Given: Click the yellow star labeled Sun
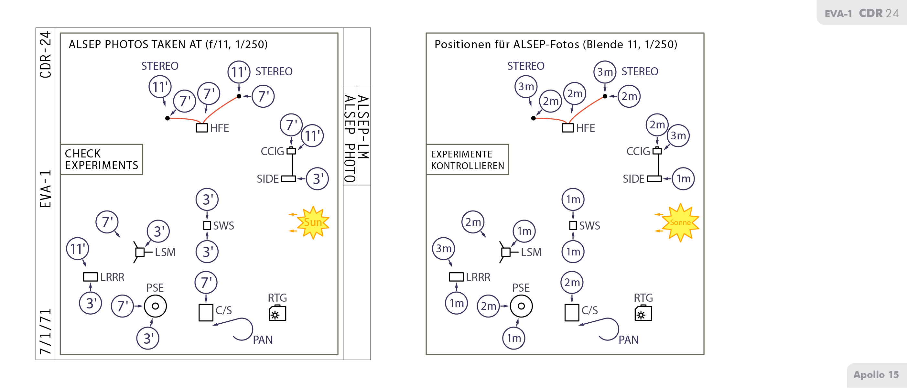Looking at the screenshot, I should (313, 222).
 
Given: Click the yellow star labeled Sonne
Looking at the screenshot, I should (680, 222).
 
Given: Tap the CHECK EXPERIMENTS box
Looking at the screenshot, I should (102, 159).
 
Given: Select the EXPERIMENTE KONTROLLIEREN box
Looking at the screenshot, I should (467, 159).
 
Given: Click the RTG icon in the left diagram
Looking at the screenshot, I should (277, 313).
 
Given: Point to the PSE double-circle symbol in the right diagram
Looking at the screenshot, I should (521, 306).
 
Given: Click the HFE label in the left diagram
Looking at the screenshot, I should (219, 128).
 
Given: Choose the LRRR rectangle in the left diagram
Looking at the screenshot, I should (90, 277).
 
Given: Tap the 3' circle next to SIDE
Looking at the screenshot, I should (317, 179).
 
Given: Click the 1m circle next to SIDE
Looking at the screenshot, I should (683, 179).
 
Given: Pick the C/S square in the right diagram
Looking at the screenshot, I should (572, 312).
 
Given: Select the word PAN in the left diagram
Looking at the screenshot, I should (263, 340).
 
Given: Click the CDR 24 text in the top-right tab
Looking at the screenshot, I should (879, 13).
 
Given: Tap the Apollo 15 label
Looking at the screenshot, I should (876, 375).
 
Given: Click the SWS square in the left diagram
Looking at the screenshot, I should (207, 225).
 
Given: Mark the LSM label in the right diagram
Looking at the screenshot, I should (531, 253).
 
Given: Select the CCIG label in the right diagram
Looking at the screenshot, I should (638, 151).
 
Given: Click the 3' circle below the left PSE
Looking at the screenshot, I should (148, 338).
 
